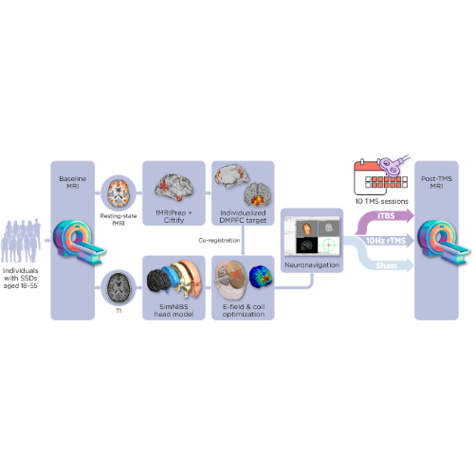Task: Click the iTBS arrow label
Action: point(386,216)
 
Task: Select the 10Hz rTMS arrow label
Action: point(386,241)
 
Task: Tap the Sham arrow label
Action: point(386,265)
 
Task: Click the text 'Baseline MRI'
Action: point(73,182)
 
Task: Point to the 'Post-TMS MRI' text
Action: point(436,182)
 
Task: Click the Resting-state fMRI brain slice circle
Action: point(118,192)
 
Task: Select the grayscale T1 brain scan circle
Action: point(118,287)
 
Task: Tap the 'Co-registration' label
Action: point(219,241)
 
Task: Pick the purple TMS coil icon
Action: point(392,165)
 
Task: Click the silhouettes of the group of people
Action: point(21,241)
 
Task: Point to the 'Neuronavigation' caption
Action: point(312,264)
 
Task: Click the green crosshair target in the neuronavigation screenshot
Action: point(329,245)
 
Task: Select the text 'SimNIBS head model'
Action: point(173,310)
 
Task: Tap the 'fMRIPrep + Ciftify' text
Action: point(173,216)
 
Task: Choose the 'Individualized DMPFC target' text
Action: point(243,216)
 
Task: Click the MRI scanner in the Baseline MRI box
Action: point(79,243)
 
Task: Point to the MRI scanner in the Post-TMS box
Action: point(443,243)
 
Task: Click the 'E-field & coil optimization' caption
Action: point(244,310)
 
